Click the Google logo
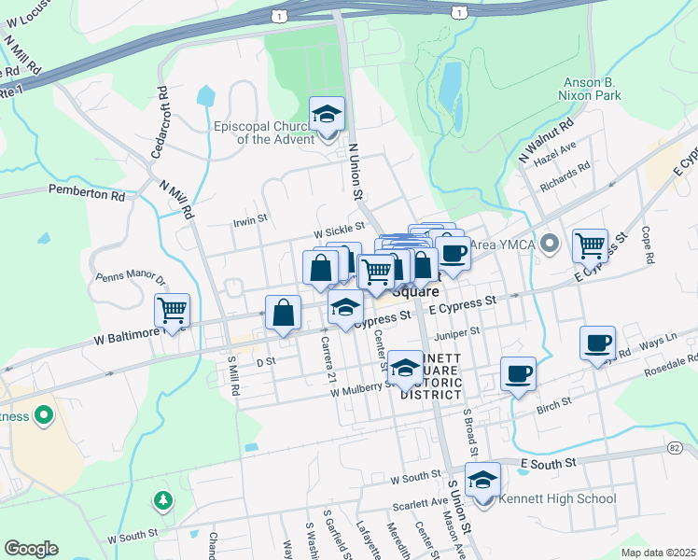[x=31, y=549]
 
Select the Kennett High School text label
[x=557, y=498]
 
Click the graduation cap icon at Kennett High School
[x=482, y=481]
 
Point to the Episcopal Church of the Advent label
[x=267, y=133]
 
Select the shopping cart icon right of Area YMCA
[x=590, y=245]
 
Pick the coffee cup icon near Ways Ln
[x=597, y=342]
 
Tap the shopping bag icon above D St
[x=283, y=313]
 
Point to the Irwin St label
[x=250, y=221]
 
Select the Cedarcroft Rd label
[x=161, y=121]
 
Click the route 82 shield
[x=674, y=448]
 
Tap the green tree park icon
[x=164, y=501]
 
